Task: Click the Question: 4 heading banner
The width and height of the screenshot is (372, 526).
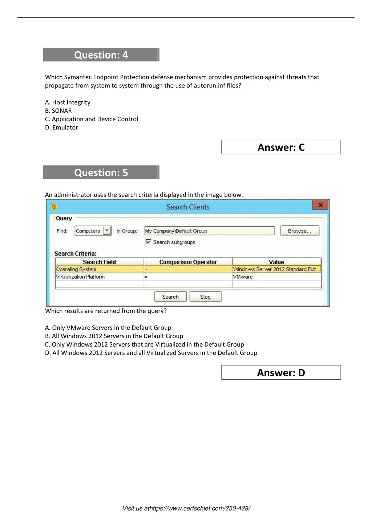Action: click(x=101, y=55)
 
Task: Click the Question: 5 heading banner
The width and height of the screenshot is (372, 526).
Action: click(x=101, y=173)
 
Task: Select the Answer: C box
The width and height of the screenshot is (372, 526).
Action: click(x=281, y=147)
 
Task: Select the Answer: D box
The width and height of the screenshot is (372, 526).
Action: click(x=281, y=372)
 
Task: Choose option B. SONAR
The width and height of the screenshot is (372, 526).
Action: click(x=58, y=111)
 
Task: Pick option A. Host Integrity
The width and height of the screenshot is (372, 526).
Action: click(x=68, y=102)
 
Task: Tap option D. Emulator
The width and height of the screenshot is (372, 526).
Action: click(x=61, y=128)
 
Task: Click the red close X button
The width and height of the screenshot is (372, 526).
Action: click(x=320, y=205)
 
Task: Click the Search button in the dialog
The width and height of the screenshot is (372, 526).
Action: click(x=170, y=297)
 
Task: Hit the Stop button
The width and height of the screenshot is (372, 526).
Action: click(x=205, y=297)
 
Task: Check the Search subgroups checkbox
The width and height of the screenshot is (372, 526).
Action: click(x=148, y=242)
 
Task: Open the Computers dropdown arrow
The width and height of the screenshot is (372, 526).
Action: click(x=107, y=231)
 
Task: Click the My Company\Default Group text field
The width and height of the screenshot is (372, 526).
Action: click(x=209, y=231)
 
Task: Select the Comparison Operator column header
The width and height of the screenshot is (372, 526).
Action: click(x=188, y=262)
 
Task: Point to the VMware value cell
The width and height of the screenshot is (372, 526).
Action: click(x=243, y=277)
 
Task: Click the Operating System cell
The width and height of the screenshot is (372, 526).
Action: click(x=76, y=270)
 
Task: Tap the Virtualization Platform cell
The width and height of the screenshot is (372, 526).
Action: click(x=80, y=277)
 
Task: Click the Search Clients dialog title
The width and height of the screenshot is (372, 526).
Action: click(x=188, y=207)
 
